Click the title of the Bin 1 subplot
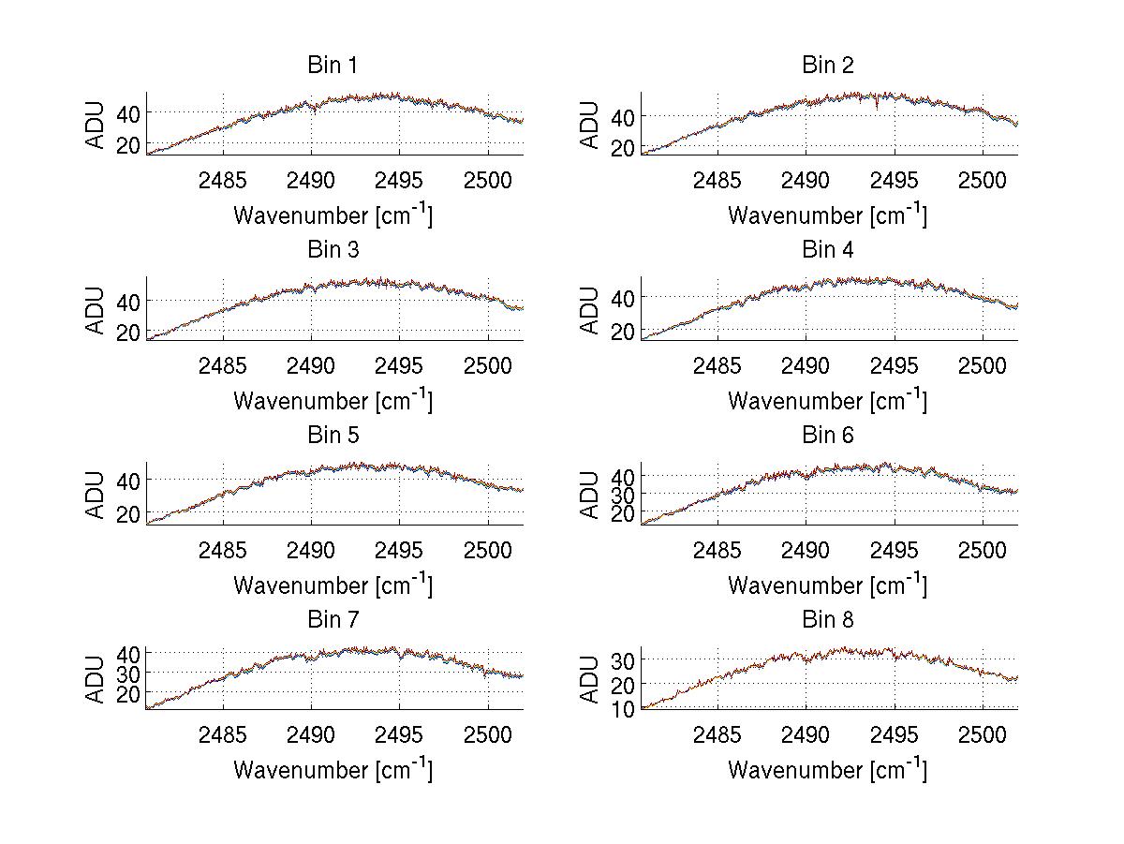(x=333, y=66)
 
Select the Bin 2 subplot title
(x=828, y=66)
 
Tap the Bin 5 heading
(x=333, y=436)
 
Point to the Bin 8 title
(x=828, y=620)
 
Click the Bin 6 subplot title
(x=828, y=436)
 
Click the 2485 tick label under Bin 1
(x=223, y=180)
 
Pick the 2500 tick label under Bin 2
(x=982, y=180)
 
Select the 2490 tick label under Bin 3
(x=311, y=364)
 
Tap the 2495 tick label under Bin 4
(x=895, y=364)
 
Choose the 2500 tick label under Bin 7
(x=487, y=734)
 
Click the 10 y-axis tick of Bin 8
(x=623, y=708)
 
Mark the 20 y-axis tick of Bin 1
(x=128, y=145)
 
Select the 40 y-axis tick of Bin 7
(x=128, y=653)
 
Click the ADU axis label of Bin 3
(x=96, y=308)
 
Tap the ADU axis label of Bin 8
(x=590, y=678)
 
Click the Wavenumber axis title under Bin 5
(x=333, y=585)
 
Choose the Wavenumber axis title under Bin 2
(x=828, y=215)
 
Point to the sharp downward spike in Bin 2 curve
(x=877, y=108)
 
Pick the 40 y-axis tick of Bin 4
(x=623, y=298)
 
